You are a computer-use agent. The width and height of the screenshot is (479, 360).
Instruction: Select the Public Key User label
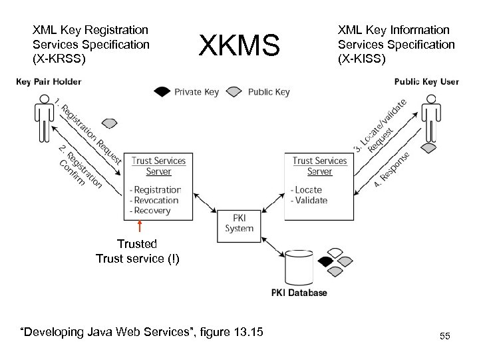click(426, 82)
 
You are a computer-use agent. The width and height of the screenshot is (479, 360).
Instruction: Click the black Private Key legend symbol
click(162, 92)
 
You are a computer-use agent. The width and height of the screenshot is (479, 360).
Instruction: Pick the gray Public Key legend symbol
click(236, 92)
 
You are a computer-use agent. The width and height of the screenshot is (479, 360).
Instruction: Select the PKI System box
click(239, 223)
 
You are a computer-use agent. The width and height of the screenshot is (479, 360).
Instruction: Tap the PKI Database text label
click(299, 293)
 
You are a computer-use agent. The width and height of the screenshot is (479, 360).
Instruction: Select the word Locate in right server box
click(308, 190)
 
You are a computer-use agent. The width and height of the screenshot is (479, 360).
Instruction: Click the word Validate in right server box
click(311, 200)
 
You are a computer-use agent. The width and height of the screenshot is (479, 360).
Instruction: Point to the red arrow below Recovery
click(140, 227)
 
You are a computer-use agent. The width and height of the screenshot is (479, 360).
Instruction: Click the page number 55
click(444, 337)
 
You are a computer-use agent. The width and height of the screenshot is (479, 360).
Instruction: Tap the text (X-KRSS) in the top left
click(59, 58)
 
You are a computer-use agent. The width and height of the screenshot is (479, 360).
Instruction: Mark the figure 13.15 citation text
click(142, 332)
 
